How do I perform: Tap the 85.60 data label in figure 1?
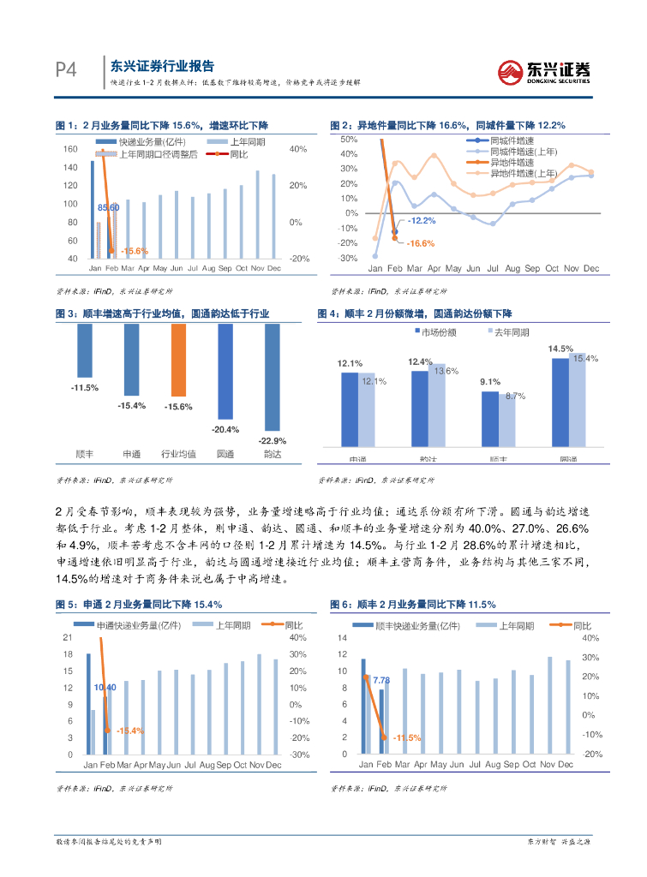pyautogui.click(x=108, y=207)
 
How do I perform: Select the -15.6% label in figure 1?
pyautogui.click(x=135, y=251)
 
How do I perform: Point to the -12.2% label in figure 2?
pyautogui.click(x=421, y=221)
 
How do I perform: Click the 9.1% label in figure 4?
pyautogui.click(x=490, y=382)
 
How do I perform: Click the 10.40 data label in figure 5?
pyautogui.click(x=105, y=688)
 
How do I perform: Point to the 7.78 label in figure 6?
pyautogui.click(x=381, y=680)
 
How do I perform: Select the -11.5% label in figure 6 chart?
pyautogui.click(x=407, y=737)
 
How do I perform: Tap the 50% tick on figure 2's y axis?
pyautogui.click(x=348, y=139)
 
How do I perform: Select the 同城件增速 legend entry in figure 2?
pyautogui.click(x=509, y=140)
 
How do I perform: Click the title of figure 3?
pyautogui.click(x=162, y=314)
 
